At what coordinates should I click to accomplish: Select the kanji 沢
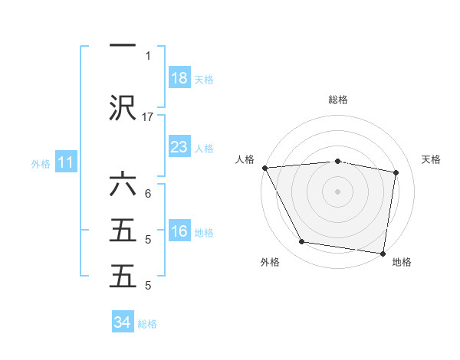123,107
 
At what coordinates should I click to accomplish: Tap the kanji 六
123,186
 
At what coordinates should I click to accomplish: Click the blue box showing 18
179,78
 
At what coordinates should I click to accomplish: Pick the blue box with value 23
179,147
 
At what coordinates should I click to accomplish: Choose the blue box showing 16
179,231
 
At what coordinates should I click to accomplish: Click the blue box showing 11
66,162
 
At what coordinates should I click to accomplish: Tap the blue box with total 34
123,322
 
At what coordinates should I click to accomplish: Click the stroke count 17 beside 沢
148,116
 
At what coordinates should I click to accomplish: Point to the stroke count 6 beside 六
148,194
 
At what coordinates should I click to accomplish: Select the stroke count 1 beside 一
148,55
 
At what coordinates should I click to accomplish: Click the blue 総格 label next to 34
147,324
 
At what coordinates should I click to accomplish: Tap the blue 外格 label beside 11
41,163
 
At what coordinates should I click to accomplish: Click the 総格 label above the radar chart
338,100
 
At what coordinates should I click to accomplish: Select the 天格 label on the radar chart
432,159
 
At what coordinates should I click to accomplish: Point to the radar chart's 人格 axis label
246,159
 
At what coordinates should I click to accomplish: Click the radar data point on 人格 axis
264,168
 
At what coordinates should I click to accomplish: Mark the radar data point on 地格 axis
383,252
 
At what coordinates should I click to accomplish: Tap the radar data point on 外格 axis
301,242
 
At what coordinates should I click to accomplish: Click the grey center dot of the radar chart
338,191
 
